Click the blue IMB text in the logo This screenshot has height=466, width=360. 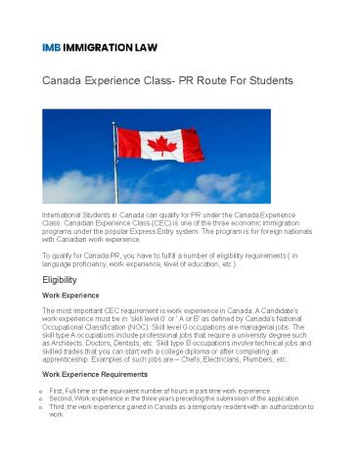tap(53, 47)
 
